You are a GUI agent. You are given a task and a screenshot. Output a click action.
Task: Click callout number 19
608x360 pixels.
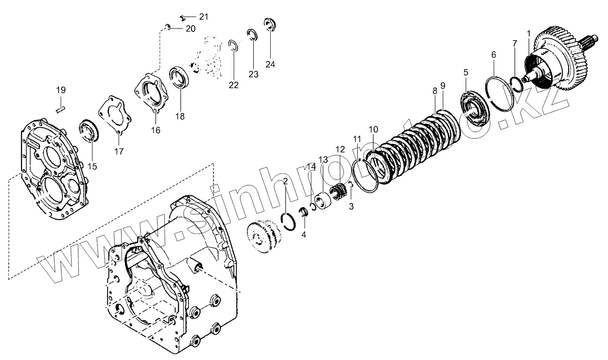[61, 90]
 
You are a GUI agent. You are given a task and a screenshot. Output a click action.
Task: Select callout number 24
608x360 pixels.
[270, 64]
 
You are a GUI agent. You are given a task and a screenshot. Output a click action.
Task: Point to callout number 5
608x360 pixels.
[466, 73]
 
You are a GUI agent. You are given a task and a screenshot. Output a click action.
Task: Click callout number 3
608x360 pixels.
[351, 206]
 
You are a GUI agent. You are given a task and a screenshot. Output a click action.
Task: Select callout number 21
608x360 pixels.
[203, 17]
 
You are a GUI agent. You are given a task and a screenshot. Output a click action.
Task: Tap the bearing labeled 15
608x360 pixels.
[90, 130]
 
